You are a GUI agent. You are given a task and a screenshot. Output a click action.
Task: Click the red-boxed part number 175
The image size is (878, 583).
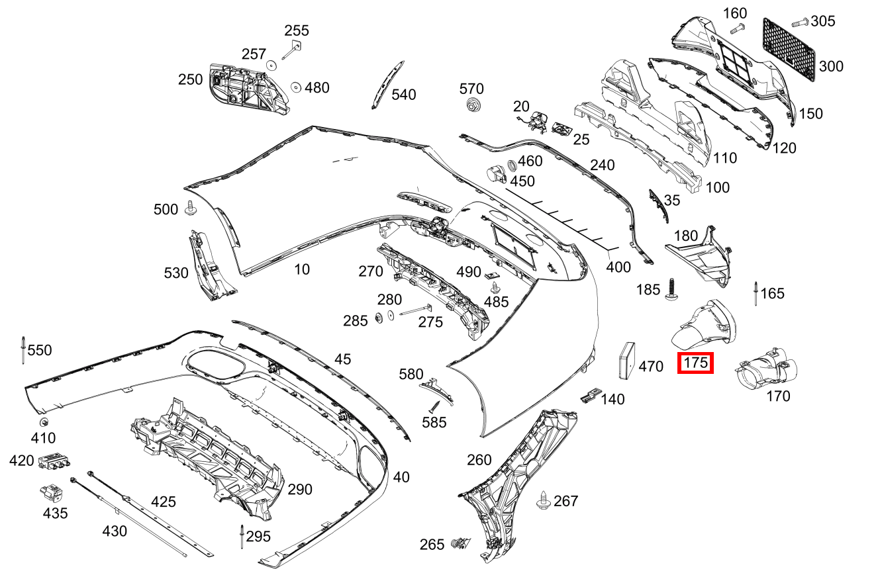tap(695, 363)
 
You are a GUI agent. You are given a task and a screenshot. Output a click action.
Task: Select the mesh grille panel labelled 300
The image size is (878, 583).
tap(789, 50)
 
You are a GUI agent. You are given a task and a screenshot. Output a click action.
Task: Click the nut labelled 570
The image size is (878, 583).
tap(473, 105)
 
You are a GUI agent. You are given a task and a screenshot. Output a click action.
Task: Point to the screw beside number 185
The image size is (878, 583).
tap(672, 290)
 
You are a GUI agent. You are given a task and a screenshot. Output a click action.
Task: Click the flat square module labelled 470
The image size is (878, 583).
tap(626, 361)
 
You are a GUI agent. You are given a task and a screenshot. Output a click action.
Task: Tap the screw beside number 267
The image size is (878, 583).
tap(543, 500)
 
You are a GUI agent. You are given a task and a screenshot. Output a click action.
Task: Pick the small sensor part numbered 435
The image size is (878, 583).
tap(52, 494)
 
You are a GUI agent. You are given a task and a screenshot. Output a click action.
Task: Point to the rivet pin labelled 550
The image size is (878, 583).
tap(23, 350)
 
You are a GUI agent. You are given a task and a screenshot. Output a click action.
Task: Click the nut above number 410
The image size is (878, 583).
tap(44, 422)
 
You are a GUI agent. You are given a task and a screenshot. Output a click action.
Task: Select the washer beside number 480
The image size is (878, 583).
tap(296, 87)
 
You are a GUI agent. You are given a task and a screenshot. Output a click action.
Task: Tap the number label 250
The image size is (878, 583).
tap(190, 79)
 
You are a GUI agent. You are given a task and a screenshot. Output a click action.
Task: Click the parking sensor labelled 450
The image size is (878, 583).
tap(497, 175)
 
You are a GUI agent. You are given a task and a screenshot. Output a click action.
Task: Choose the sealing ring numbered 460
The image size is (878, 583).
tap(512, 165)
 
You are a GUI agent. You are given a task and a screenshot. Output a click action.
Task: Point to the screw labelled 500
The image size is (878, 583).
tap(191, 208)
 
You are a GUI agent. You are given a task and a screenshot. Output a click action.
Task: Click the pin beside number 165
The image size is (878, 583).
tap(756, 293)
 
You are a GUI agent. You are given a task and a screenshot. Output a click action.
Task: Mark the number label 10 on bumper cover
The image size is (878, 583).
tap(302, 269)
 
